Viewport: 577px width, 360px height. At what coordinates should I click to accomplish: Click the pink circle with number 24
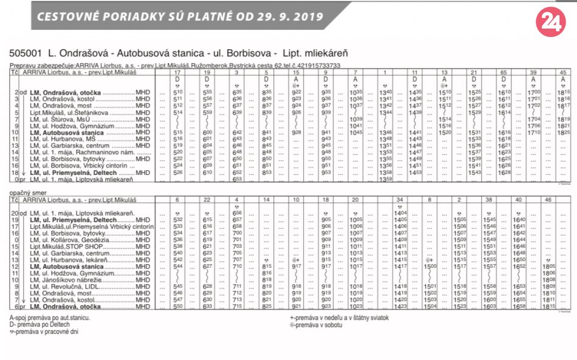click(551, 22)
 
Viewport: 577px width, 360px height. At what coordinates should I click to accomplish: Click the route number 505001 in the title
click(26, 53)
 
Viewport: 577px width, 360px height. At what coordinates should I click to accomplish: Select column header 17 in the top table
click(178, 73)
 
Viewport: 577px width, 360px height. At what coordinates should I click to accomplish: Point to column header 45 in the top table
click(562, 73)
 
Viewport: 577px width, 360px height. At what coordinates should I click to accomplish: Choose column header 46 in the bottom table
click(548, 199)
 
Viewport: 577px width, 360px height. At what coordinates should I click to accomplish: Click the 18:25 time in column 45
click(563, 132)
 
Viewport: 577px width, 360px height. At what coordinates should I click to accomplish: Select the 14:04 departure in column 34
click(400, 213)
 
